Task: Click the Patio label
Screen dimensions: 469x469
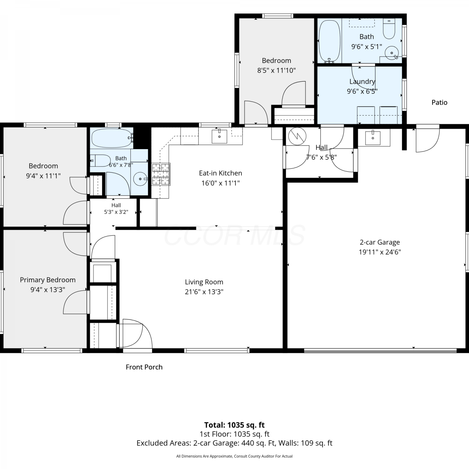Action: pos(439,103)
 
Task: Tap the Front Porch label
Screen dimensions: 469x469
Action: pos(144,367)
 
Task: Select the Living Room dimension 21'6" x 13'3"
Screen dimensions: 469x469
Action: pos(204,292)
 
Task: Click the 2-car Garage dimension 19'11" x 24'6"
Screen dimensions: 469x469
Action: pos(380,252)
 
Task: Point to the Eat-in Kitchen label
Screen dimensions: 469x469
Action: pos(220,173)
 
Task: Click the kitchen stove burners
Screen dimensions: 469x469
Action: pos(161,174)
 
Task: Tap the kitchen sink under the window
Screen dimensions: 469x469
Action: pos(219,136)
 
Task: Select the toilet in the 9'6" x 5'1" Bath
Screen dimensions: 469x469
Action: pos(389,29)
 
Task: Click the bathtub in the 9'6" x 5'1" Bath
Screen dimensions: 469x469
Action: pos(329,41)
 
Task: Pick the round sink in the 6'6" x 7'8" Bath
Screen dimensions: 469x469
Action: pos(140,179)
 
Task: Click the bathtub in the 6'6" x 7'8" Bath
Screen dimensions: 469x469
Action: pos(112,138)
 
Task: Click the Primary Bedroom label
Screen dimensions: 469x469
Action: pos(48,280)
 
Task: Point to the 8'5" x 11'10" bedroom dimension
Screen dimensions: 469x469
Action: pos(276,70)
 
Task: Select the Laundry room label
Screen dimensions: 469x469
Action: pos(362,82)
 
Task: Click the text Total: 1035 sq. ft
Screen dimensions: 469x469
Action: pos(234,425)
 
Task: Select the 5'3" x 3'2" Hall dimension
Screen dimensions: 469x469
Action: pos(116,212)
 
